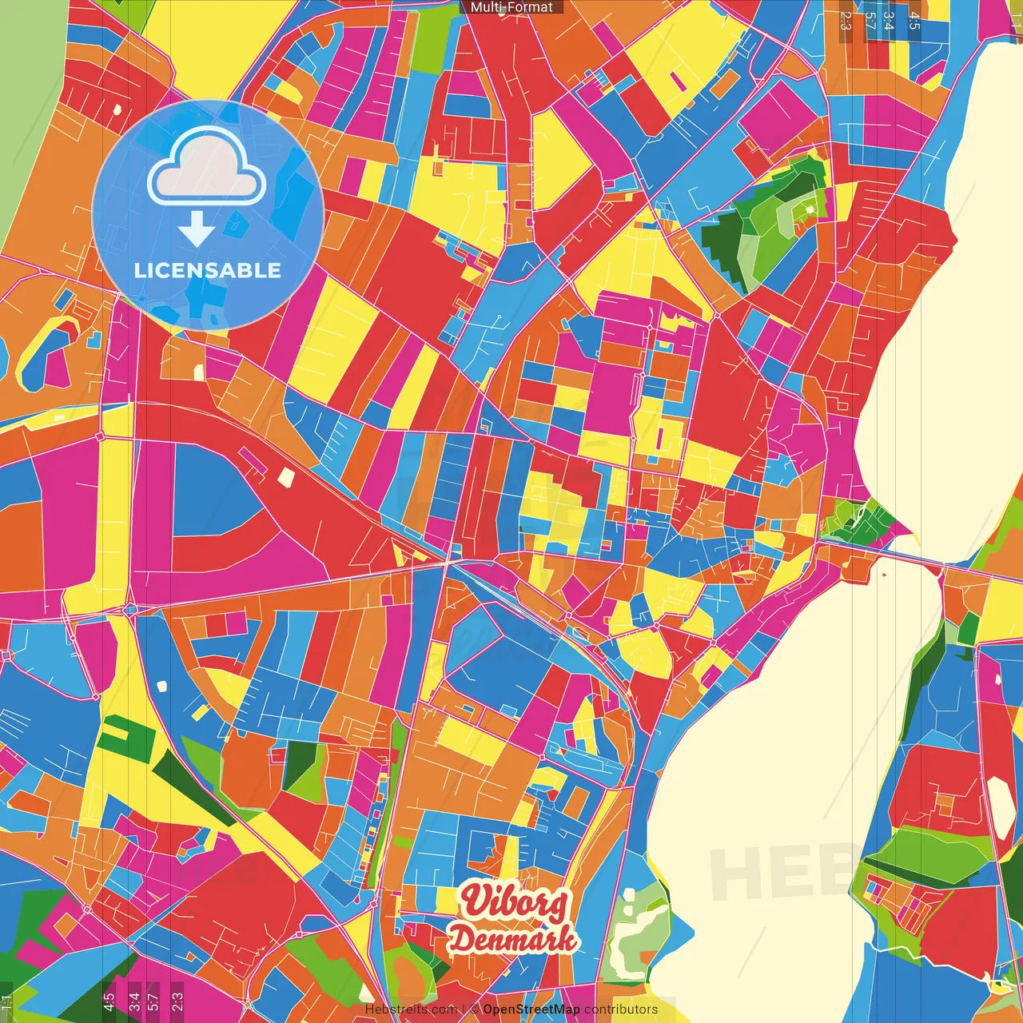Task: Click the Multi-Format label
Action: (x=511, y=7)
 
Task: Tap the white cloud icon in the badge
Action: (x=207, y=167)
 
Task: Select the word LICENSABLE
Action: (x=208, y=270)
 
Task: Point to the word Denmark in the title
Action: (x=512, y=938)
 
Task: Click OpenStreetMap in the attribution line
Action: (x=531, y=1009)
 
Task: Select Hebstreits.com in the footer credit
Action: (x=411, y=1009)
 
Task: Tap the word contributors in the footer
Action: (x=621, y=1009)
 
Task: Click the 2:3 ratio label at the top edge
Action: (x=846, y=20)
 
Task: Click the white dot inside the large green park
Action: (x=810, y=209)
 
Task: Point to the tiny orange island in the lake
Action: (x=885, y=575)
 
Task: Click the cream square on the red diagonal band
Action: (x=285, y=477)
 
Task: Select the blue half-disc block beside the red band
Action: (x=209, y=492)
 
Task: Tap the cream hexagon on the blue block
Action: (x=163, y=685)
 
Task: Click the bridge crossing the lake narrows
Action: (x=919, y=561)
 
